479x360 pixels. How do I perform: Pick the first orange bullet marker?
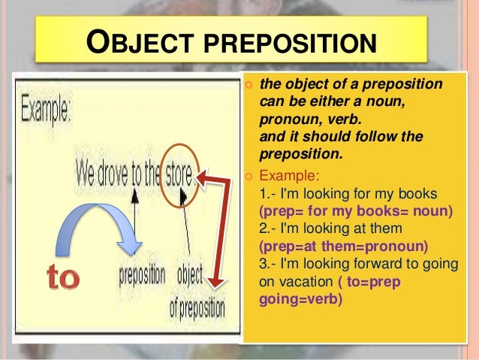click(x=250, y=83)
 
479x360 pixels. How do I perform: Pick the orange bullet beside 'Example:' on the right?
click(x=250, y=177)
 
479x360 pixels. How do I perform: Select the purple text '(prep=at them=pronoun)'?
click(x=342, y=246)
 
